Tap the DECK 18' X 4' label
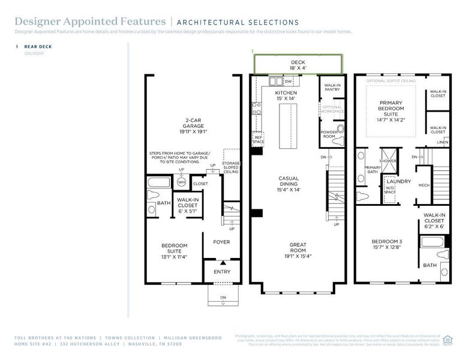[x=298, y=65]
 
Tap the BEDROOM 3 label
[x=387, y=245]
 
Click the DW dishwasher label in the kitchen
[x=288, y=81]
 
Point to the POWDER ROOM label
[x=329, y=133]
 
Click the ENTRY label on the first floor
[x=222, y=272]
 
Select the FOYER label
[x=221, y=242]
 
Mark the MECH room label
[x=424, y=185]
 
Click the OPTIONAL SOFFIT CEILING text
[x=390, y=80]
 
